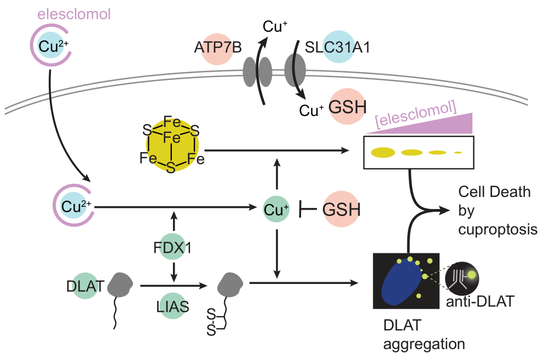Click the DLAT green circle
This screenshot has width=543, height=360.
(84, 286)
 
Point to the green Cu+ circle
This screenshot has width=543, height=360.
(276, 208)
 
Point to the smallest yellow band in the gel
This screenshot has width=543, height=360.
(458, 152)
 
